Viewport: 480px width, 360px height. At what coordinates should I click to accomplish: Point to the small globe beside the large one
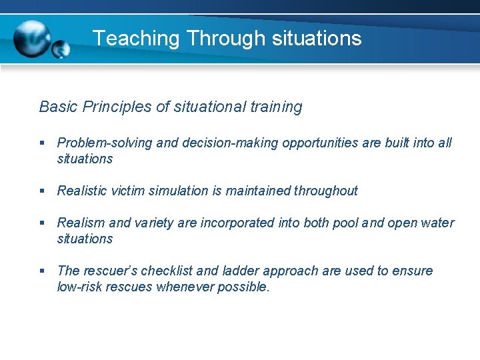point(61,49)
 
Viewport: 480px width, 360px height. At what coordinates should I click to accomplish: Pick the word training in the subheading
point(275,107)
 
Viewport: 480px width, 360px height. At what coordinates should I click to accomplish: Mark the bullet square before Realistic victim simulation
point(42,191)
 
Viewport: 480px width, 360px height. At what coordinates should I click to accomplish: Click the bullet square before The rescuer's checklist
point(42,271)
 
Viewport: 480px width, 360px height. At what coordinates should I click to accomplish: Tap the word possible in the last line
point(246,287)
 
